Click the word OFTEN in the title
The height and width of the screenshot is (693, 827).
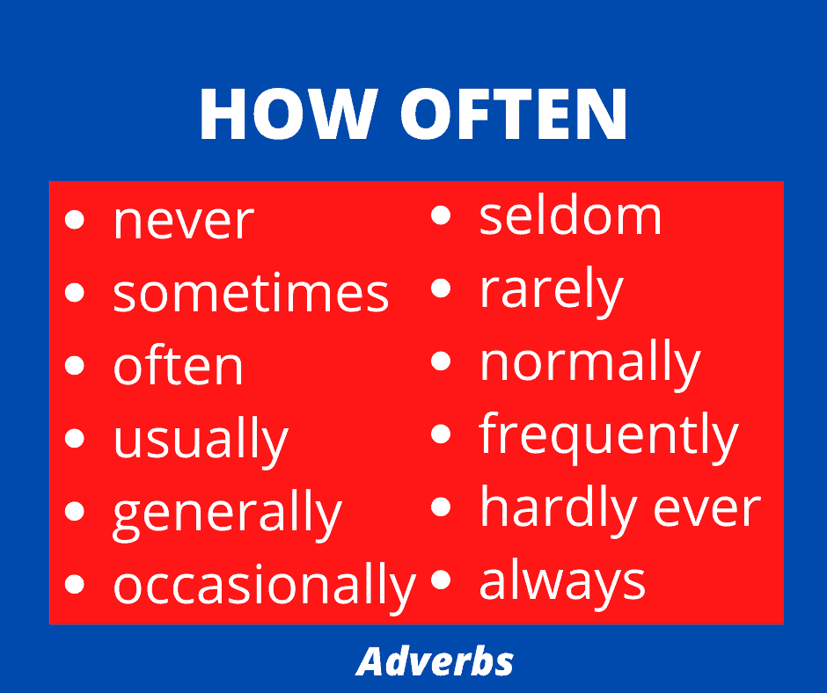(x=515, y=113)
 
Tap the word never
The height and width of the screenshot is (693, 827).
(x=184, y=222)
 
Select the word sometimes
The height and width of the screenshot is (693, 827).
(x=251, y=292)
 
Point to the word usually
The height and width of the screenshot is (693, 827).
(x=201, y=441)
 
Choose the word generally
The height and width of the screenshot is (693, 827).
(x=227, y=514)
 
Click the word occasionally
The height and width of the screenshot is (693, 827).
(x=265, y=586)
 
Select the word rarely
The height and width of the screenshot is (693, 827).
(x=551, y=290)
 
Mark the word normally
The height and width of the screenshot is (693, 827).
(x=589, y=363)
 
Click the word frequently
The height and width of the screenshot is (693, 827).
(x=609, y=437)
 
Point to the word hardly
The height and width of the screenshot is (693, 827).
(x=559, y=509)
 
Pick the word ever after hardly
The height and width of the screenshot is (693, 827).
(x=706, y=509)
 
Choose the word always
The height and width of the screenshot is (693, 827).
(x=562, y=582)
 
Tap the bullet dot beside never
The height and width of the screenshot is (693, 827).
(x=75, y=219)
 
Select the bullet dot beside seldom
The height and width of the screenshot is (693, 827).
(x=441, y=215)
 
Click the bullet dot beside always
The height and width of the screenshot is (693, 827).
(x=441, y=579)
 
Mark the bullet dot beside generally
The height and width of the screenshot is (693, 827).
(x=75, y=511)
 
